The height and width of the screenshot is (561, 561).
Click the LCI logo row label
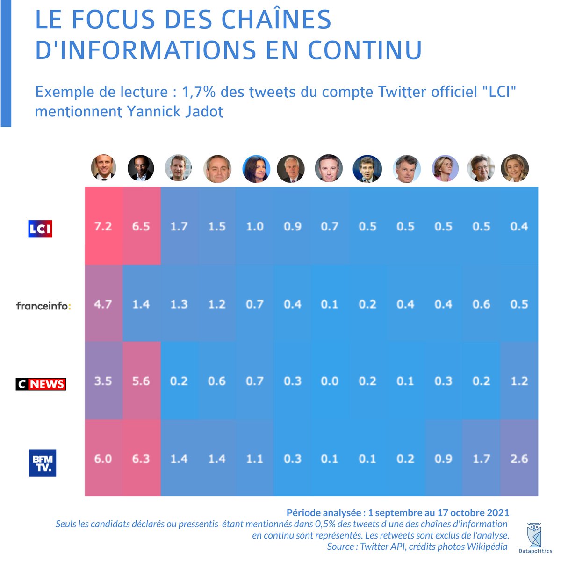40,229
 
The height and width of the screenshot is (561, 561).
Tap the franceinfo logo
43,306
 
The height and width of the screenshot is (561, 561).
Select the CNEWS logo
41,384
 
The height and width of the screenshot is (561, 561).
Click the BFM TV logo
43,463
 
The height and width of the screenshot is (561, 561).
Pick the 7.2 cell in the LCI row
103,227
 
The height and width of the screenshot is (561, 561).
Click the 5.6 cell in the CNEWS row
141,381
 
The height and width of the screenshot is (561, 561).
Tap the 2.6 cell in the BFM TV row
519,459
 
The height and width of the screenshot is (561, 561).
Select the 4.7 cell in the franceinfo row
103,304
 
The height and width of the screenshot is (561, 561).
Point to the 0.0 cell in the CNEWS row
330,381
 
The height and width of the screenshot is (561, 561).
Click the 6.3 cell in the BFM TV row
141,459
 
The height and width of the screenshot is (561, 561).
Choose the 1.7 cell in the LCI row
179,227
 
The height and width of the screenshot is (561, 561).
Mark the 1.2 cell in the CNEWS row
519,381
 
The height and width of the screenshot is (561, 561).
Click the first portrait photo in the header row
103,168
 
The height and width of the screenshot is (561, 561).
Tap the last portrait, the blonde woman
515,168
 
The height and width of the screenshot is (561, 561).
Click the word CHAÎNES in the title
276,20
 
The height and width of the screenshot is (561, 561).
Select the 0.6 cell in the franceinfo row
481,304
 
